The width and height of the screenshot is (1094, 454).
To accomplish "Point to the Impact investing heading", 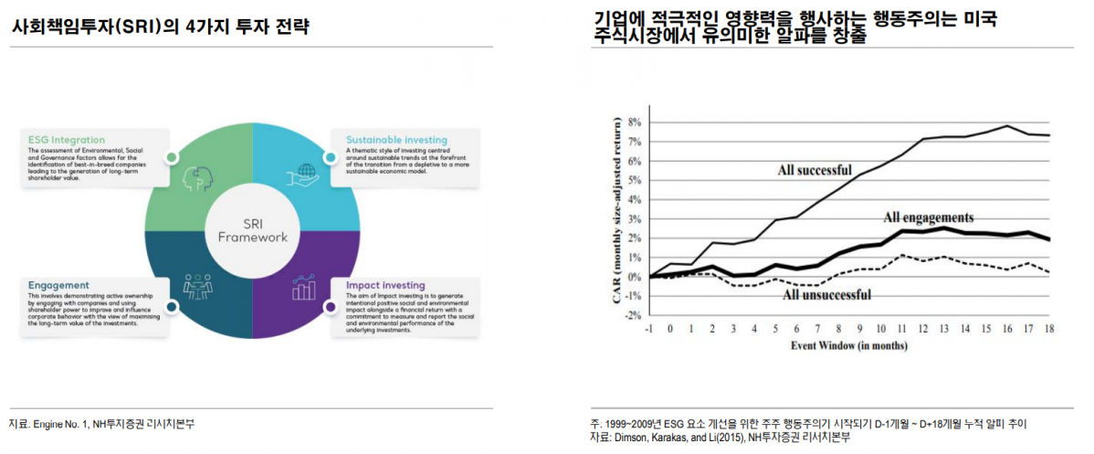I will [x=385, y=286].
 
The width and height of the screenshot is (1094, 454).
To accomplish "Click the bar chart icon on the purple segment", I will [x=303, y=289].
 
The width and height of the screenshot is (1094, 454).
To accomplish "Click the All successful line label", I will [x=815, y=169].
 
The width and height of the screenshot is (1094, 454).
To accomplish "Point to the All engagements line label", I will [x=929, y=217].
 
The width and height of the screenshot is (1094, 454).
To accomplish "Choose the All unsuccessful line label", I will [x=827, y=294].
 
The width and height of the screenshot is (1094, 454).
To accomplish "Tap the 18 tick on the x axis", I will [x=1049, y=328].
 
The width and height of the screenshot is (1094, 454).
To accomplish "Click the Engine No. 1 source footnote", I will [x=101, y=425].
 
